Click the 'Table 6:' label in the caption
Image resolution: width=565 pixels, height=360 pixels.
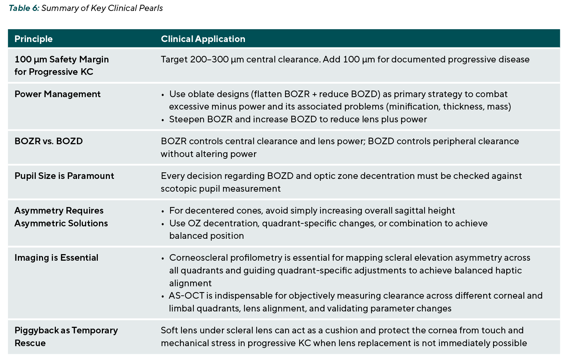[x=24, y=8]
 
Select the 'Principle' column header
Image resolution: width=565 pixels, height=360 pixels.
[x=34, y=39]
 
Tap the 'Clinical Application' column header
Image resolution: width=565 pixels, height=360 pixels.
[x=203, y=39]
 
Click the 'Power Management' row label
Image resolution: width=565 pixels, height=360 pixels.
[x=58, y=94]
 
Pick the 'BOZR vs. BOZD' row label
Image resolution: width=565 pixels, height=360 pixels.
[x=49, y=141]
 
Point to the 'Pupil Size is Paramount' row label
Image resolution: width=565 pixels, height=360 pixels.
[x=64, y=176]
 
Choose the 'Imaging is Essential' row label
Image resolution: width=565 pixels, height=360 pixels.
[x=56, y=257]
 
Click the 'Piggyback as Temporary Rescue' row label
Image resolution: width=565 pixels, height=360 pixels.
[x=66, y=337]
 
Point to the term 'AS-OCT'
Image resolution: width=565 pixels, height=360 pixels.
[x=187, y=296]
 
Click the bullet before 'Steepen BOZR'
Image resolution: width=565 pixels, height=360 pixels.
[x=163, y=120]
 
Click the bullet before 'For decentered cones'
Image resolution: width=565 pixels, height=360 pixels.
[x=163, y=211]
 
